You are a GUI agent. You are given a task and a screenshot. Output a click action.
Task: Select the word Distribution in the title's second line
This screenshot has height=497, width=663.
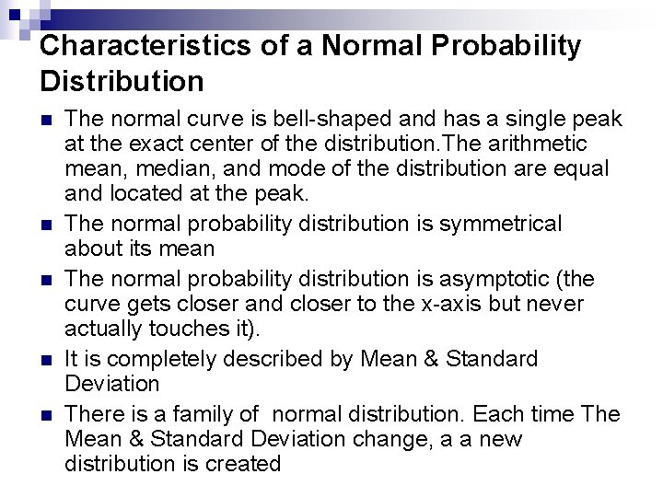(x=122, y=81)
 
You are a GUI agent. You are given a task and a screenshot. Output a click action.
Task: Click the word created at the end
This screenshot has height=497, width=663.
(x=243, y=465)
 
